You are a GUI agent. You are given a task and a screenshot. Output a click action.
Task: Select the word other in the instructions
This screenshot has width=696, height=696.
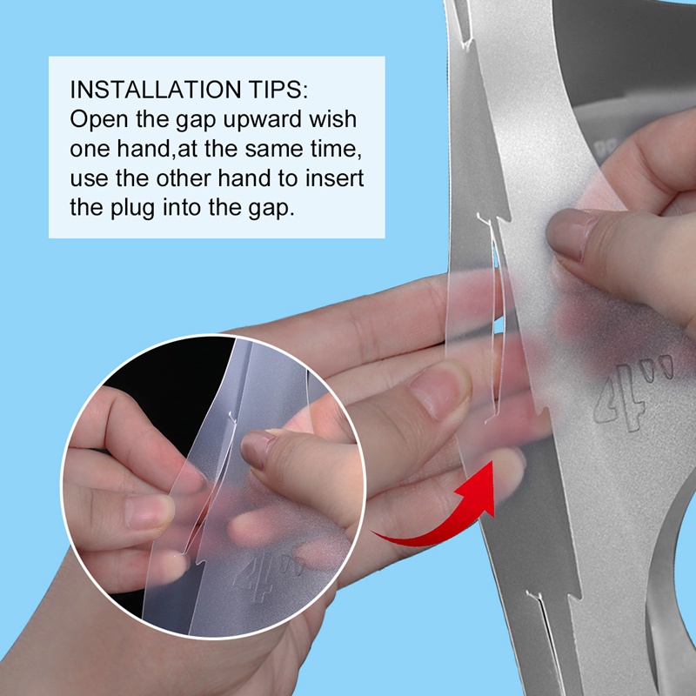[x=183, y=178]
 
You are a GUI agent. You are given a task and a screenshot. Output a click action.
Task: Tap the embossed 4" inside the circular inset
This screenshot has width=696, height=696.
[x=266, y=577]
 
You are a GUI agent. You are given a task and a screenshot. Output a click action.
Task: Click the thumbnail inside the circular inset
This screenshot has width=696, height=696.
[x=258, y=449]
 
